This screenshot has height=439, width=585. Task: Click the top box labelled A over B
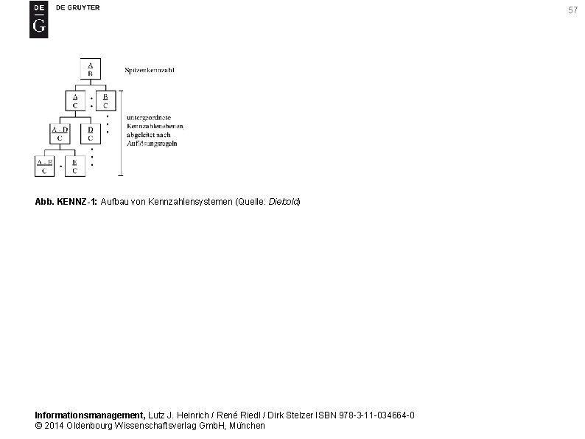tap(90, 69)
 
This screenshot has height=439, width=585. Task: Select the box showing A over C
tap(74, 101)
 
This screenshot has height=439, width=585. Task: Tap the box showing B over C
tap(105, 101)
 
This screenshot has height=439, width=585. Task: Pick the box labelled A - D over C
tap(60, 133)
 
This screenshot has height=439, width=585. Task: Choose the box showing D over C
tap(91, 133)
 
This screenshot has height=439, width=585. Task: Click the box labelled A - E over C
tap(45, 166)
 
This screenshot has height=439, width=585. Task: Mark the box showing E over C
tap(74, 166)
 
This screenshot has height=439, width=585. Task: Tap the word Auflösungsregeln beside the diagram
tap(152, 143)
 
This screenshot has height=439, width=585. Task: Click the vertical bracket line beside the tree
tap(121, 133)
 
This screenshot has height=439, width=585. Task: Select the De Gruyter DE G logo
tap(38, 19)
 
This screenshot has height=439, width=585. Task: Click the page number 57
tap(572, 10)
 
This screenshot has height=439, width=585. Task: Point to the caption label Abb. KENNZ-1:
tap(66, 201)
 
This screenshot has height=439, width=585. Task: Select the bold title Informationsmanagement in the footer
tap(90, 415)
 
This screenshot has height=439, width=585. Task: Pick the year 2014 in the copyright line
tap(54, 426)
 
